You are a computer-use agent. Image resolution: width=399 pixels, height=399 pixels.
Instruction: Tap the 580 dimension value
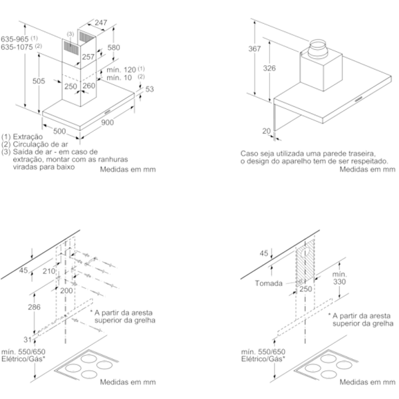[x=114, y=47]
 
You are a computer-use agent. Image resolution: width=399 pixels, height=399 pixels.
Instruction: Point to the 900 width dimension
[x=107, y=122]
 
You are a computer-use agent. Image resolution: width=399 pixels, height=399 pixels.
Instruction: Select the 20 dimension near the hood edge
[x=267, y=131]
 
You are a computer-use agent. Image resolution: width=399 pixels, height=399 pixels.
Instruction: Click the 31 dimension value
[x=27, y=341]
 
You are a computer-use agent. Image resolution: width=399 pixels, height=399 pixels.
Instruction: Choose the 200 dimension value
[x=66, y=291]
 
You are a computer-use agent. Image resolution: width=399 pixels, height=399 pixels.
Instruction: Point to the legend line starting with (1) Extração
[x=24, y=136]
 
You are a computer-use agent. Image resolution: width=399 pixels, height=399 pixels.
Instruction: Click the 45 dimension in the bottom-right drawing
[x=264, y=253]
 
